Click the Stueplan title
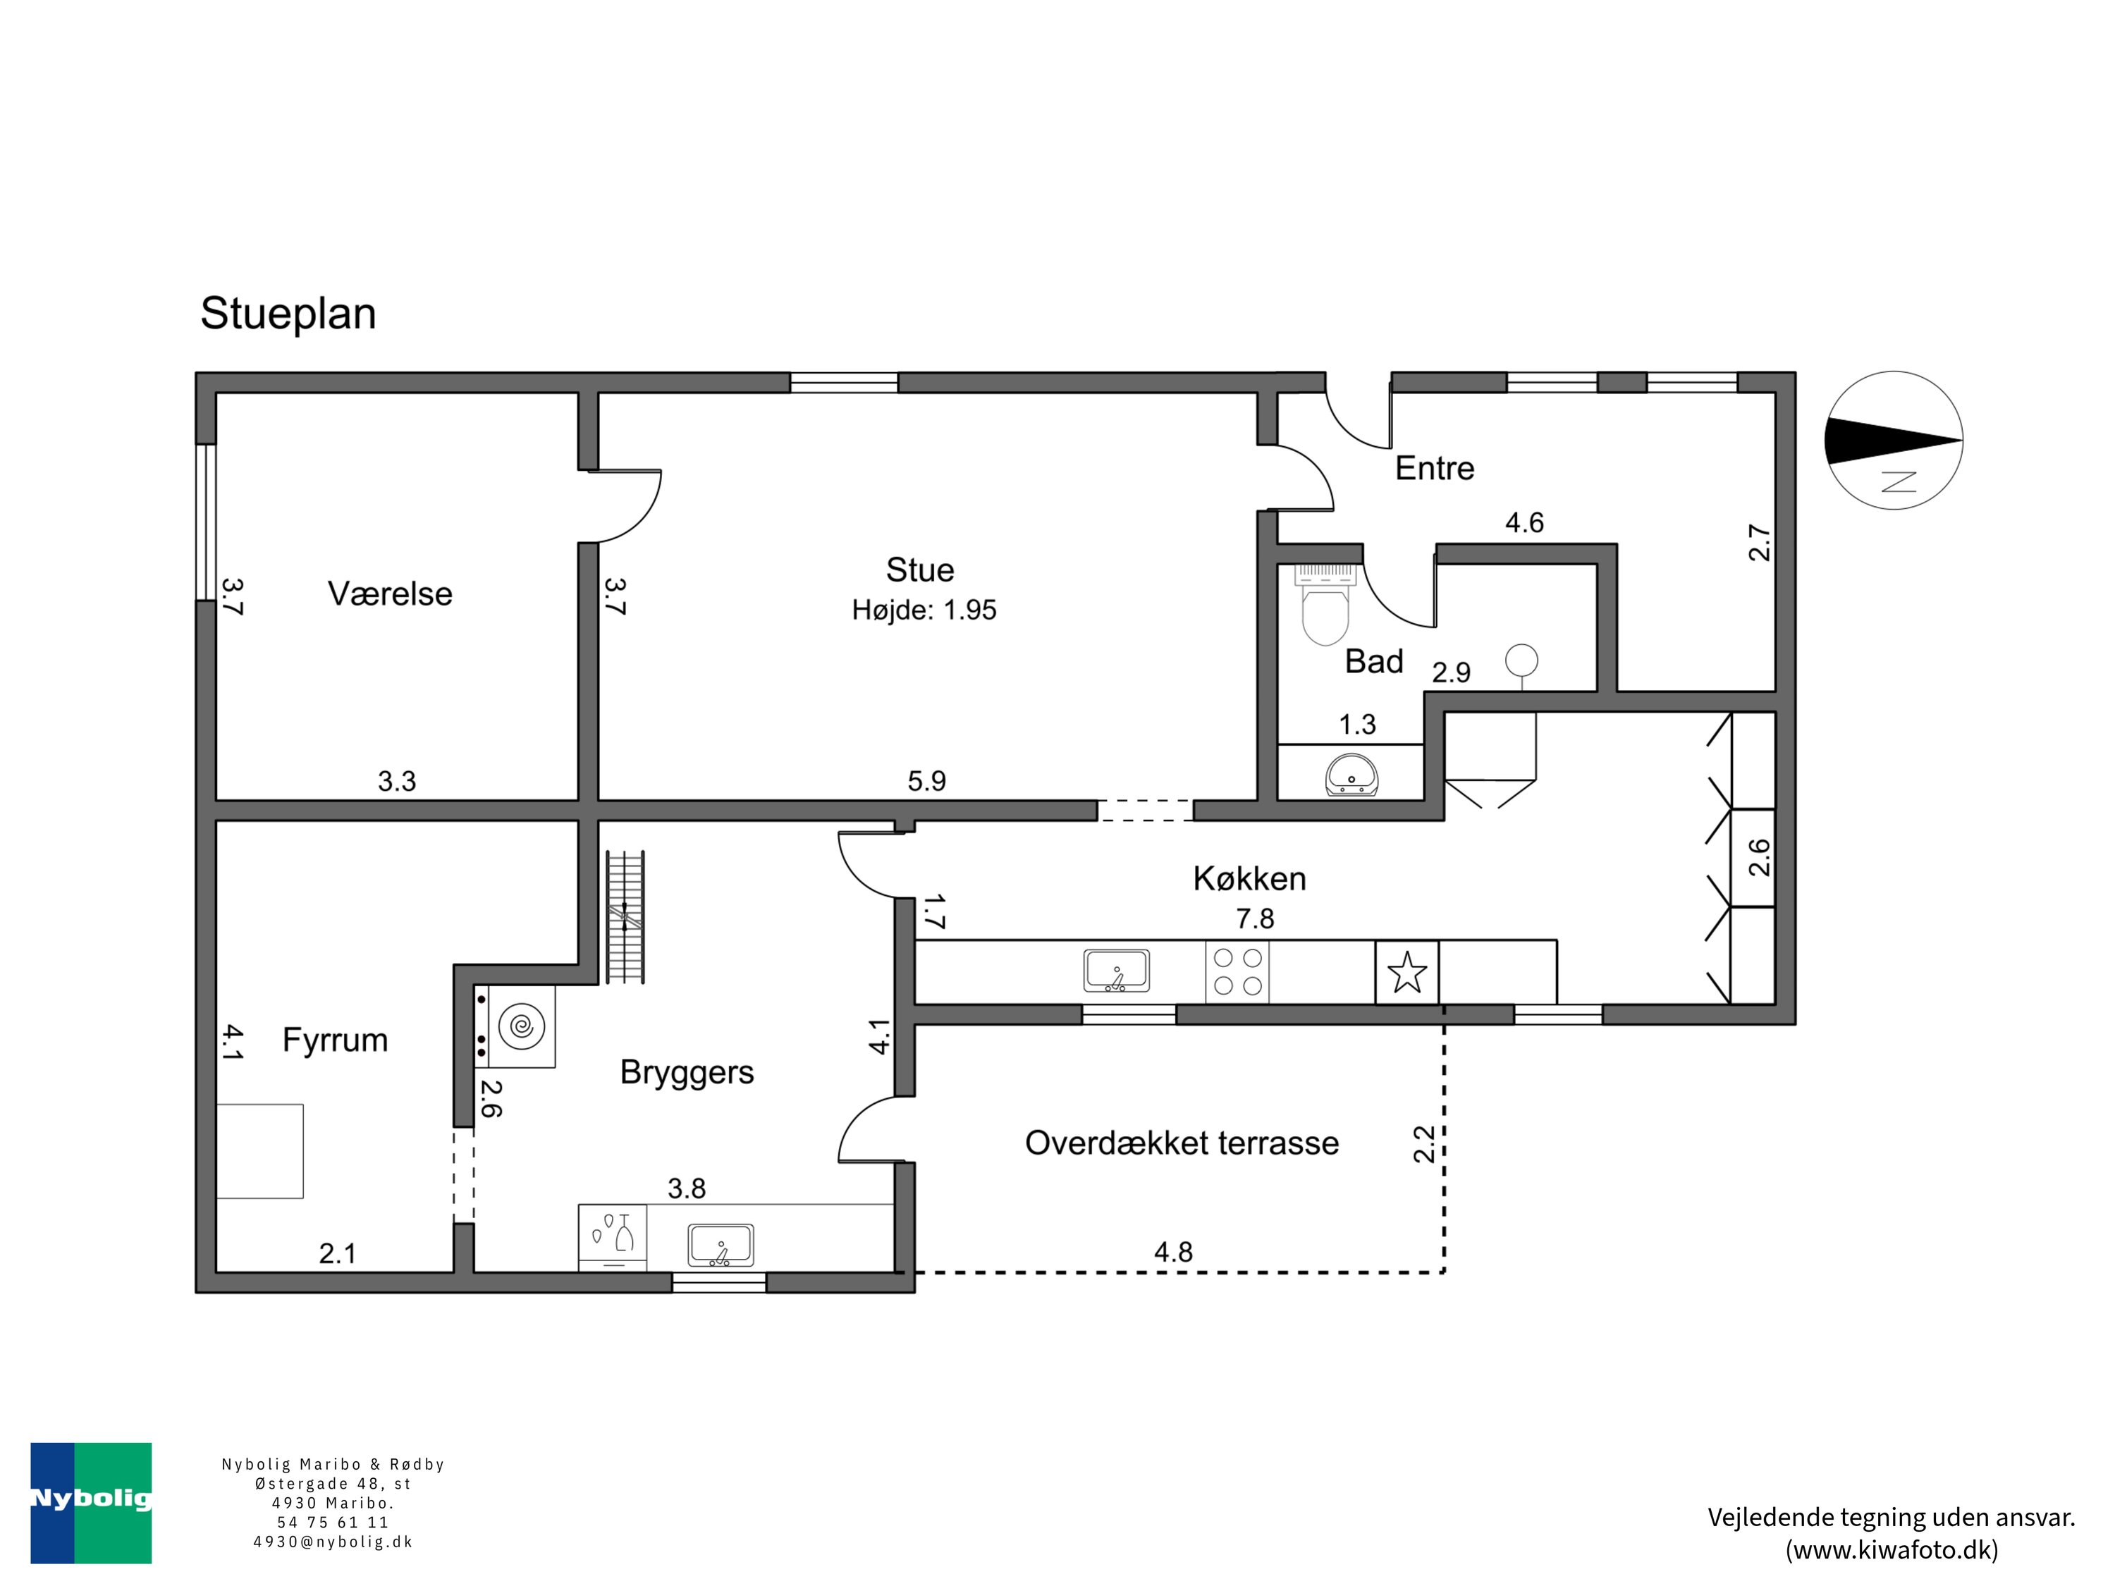click(288, 314)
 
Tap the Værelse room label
click(390, 594)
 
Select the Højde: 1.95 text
click(924, 610)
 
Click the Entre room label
click(1434, 469)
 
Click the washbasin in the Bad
click(1352, 775)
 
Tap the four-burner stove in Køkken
click(1237, 972)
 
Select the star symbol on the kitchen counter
click(1407, 972)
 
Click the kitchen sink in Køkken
click(1116, 971)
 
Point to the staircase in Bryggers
click(626, 917)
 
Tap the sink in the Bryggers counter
click(721, 1246)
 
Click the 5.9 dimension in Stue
click(926, 782)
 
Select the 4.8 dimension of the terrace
click(1173, 1253)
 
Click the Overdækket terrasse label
click(1182, 1143)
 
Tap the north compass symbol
click(1894, 440)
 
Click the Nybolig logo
click(91, 1503)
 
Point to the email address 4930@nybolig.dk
click(333, 1542)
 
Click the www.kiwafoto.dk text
click(1892, 1549)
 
